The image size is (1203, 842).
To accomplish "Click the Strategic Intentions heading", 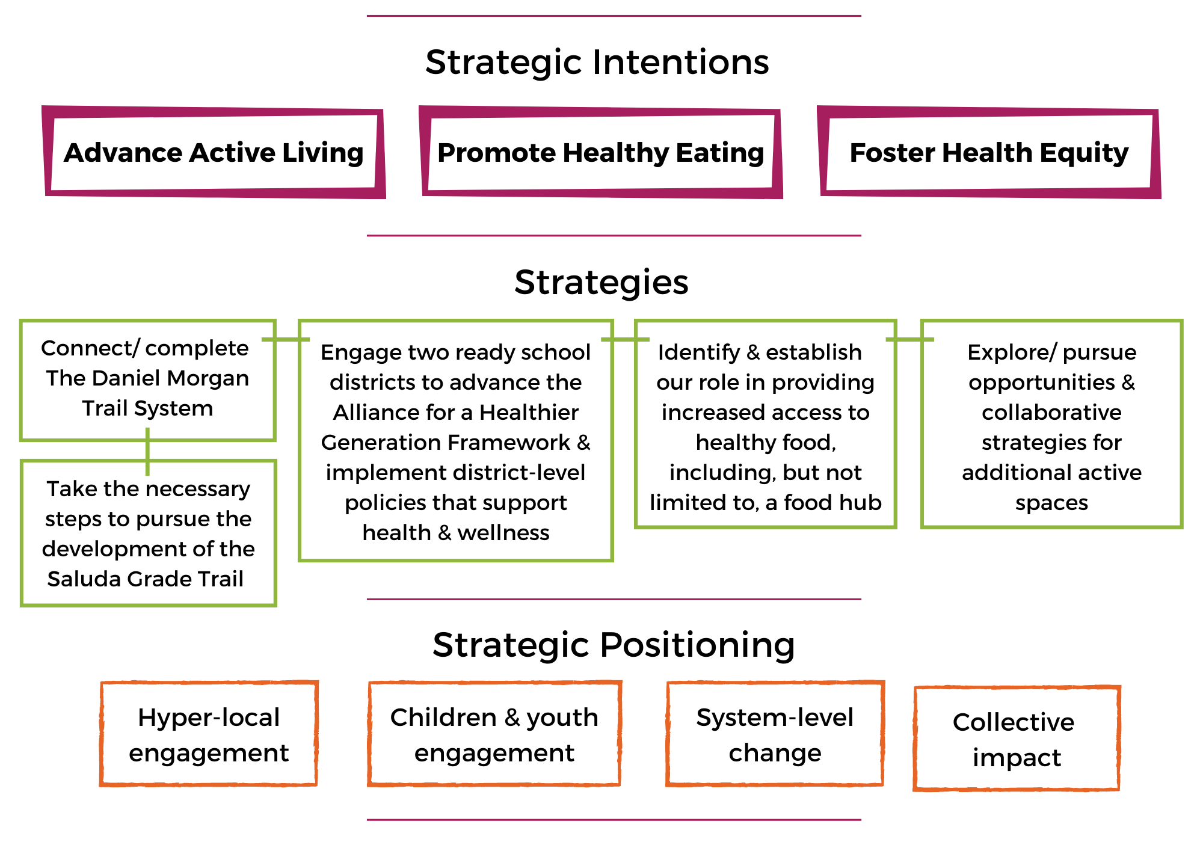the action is coord(597,63).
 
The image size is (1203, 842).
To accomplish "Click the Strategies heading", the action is coord(601,282).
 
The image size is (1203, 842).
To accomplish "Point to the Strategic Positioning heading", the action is coord(614,645).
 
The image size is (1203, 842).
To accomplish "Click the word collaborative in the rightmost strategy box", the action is coord(1051,412).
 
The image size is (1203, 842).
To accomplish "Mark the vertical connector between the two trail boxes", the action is coord(147,451).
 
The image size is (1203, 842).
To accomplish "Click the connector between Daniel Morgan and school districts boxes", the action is coord(286,339).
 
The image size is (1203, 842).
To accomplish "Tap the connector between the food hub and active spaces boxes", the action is coord(909,339).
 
